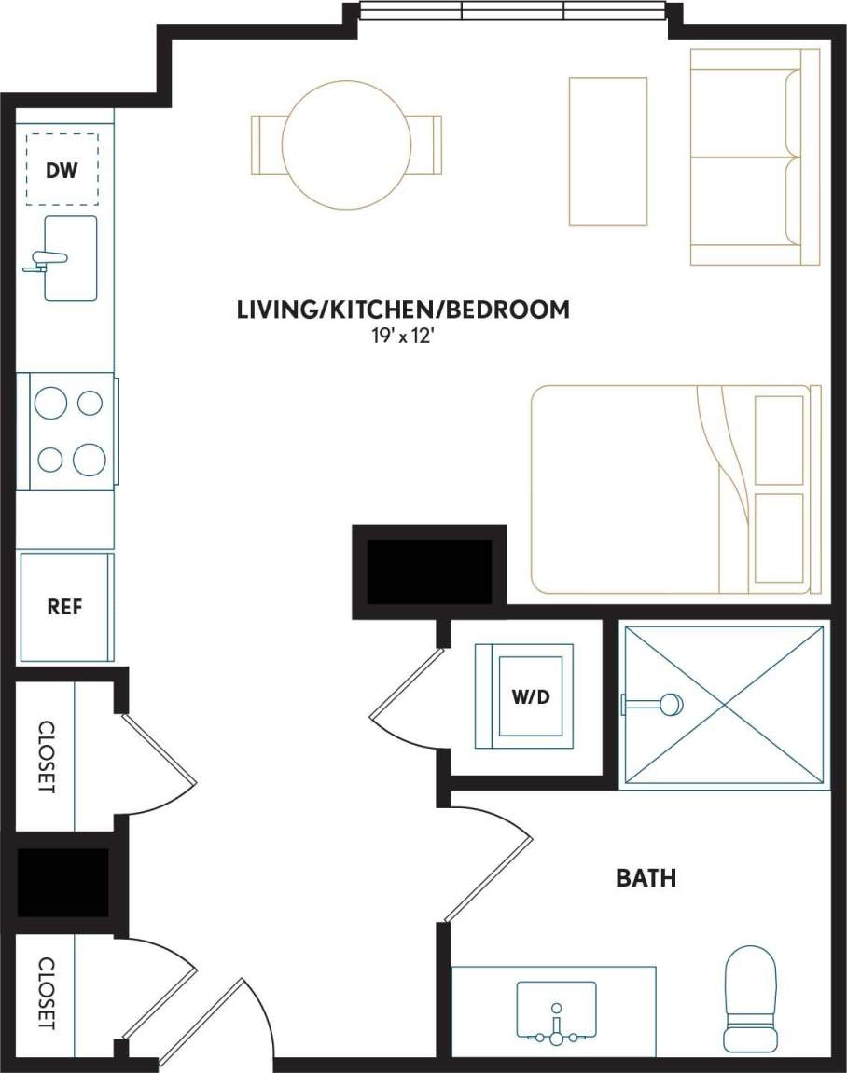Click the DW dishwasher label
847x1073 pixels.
(x=62, y=170)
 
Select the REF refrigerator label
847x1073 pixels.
(x=64, y=607)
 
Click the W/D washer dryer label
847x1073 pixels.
(x=529, y=695)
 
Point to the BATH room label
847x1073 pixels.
(x=646, y=877)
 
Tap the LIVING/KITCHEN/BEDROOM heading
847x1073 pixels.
(x=403, y=310)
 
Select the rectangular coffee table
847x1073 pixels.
(x=607, y=151)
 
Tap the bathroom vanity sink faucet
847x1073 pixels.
(x=557, y=1023)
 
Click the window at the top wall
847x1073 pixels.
(x=512, y=11)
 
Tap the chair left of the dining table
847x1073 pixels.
(x=267, y=144)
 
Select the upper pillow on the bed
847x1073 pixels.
(x=778, y=439)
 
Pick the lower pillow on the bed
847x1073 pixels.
(x=778, y=538)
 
